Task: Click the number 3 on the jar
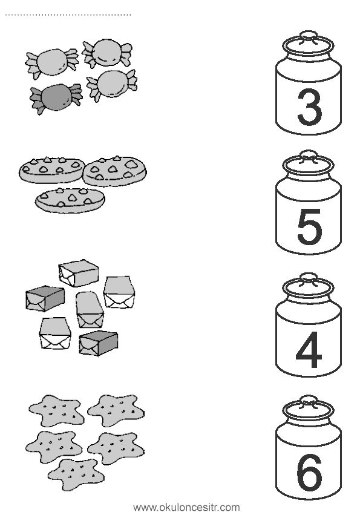[310, 107]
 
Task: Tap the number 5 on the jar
[310, 226]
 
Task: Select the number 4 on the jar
[309, 349]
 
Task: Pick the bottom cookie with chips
[70, 200]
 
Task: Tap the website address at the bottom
[187, 507]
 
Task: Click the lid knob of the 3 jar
[309, 35]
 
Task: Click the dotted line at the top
[68, 15]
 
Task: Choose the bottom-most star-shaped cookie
[76, 473]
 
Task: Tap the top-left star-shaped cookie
[56, 410]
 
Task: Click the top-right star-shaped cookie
[116, 410]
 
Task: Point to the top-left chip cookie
[51, 170]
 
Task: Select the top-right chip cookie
[115, 170]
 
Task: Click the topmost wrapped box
[79, 273]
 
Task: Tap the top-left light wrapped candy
[52, 63]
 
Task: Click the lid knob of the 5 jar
[309, 154]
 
